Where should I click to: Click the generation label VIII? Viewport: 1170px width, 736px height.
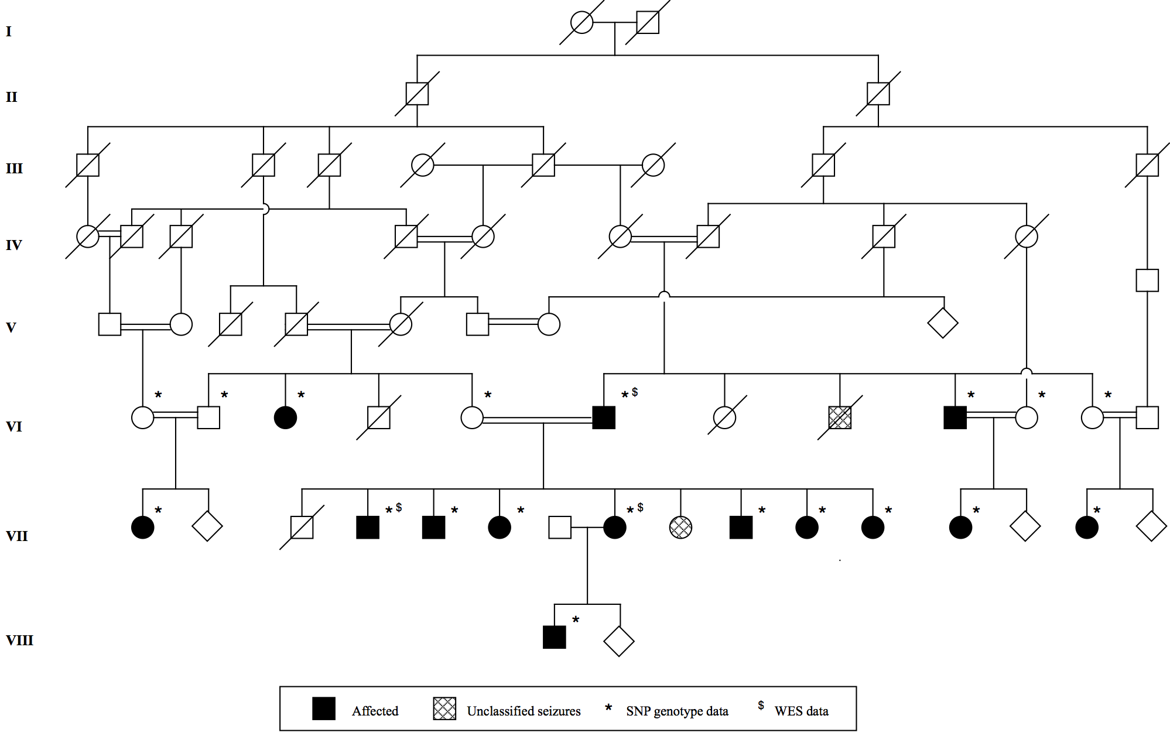[x=19, y=640]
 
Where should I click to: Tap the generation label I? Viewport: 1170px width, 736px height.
[x=9, y=31]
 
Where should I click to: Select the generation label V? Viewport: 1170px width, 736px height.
[x=11, y=327]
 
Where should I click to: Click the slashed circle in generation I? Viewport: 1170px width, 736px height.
[x=581, y=23]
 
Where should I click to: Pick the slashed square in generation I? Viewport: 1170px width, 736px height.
[x=648, y=23]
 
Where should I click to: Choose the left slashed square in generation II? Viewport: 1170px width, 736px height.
[x=417, y=94]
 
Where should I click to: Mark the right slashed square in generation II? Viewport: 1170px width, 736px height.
[x=878, y=94]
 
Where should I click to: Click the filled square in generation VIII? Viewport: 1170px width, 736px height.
[x=554, y=638]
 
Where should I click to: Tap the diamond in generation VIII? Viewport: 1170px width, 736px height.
[x=619, y=641]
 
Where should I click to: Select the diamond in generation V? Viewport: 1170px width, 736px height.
[x=943, y=323]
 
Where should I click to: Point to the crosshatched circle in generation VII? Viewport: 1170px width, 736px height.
[x=680, y=528]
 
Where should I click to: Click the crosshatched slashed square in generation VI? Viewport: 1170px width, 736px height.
[x=840, y=417]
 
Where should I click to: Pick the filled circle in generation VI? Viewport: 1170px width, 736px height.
[x=285, y=417]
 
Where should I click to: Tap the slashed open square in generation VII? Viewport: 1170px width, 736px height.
[x=302, y=528]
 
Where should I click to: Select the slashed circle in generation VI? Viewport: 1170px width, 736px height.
[x=724, y=417]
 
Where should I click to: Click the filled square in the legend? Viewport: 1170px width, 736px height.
[x=324, y=708]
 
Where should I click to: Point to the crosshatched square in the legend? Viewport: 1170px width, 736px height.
[x=444, y=708]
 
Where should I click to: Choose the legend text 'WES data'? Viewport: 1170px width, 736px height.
[x=801, y=711]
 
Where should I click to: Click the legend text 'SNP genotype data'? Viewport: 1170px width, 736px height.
[x=677, y=711]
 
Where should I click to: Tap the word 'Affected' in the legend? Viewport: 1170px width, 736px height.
[x=375, y=711]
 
